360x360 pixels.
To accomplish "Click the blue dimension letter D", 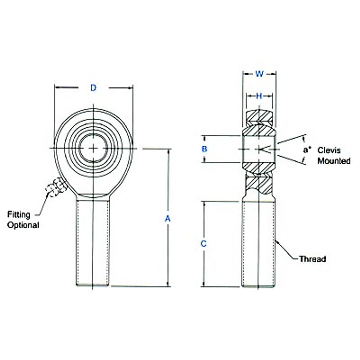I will (93, 88).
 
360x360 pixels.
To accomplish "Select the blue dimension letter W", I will (259, 74).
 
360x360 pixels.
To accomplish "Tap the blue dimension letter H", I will (259, 96).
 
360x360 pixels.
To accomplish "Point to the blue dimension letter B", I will (204, 149).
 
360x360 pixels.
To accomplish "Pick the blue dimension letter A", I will (168, 219).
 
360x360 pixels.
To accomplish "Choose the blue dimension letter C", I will (203, 244).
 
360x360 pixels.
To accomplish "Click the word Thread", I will (312, 259).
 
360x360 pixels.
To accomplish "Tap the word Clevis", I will (329, 150).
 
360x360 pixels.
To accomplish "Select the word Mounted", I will (334, 161).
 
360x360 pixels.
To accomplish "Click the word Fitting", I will (19, 215).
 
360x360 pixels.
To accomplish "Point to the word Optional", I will (23, 225).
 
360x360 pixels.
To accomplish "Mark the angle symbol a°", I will (307, 150).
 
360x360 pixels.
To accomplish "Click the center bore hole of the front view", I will (93, 148).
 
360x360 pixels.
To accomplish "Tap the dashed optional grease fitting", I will (56, 187).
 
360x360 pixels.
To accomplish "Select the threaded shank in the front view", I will (93, 242).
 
